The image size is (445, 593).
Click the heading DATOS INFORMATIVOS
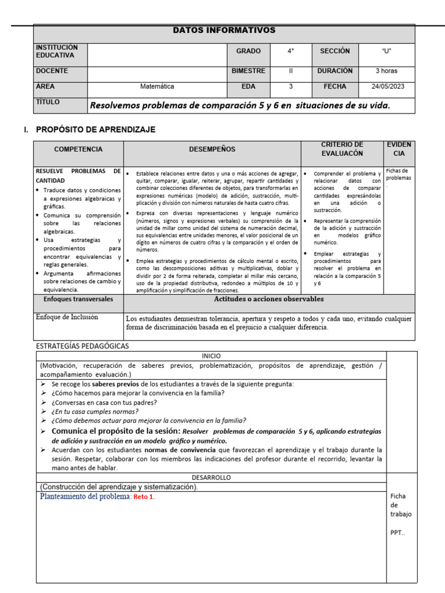[x=224, y=30]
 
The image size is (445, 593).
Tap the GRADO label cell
[x=248, y=52]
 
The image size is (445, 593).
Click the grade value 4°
[x=290, y=52]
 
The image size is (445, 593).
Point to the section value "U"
[x=386, y=52]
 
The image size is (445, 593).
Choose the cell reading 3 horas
[x=386, y=71]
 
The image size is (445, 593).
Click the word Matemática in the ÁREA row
[x=157, y=87]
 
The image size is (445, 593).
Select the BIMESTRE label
[x=248, y=71]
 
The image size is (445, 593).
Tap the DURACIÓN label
[x=335, y=71]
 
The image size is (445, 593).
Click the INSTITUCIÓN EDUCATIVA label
[x=57, y=51]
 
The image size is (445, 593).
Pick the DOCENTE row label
[x=52, y=71]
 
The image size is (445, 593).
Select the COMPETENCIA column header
[x=78, y=149]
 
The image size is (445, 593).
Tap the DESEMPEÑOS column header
[x=212, y=149]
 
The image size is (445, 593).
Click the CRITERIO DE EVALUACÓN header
[x=342, y=149]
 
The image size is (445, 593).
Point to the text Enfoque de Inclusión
[x=67, y=317]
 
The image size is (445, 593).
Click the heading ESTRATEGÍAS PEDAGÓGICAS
[x=83, y=346]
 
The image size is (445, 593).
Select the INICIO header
[x=211, y=356]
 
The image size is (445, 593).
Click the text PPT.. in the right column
[x=397, y=533]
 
